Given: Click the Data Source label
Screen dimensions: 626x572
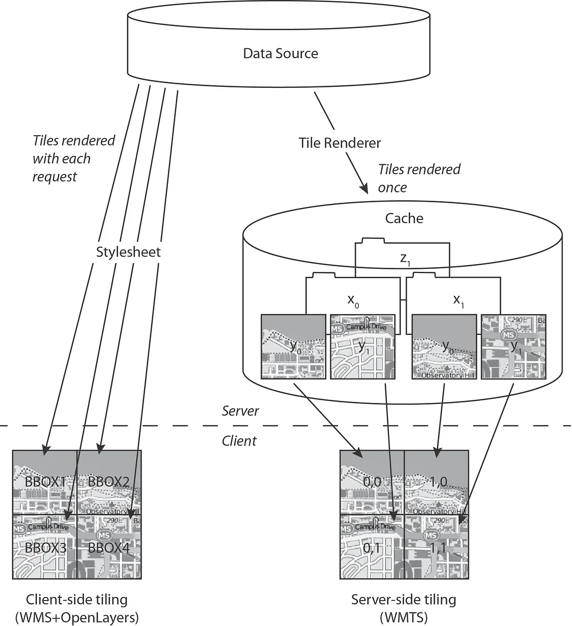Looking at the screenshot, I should coord(280,53).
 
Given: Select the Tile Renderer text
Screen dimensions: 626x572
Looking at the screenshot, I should coord(340,143).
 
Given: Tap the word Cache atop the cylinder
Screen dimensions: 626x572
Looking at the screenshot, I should coord(404,218).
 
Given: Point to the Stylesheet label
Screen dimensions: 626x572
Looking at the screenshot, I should coord(128,252).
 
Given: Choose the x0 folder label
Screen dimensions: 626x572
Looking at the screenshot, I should coord(353,301).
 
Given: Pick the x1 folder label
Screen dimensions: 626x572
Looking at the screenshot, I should coord(459,301).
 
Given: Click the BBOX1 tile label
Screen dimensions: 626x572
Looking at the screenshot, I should coord(45,482).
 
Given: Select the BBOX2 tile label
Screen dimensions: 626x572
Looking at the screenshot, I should coord(108,482).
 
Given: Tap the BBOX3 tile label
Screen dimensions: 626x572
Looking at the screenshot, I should coord(45,547).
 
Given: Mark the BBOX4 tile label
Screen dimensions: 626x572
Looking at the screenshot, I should coord(108,547).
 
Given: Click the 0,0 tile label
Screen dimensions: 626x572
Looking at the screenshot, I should coord(372,482).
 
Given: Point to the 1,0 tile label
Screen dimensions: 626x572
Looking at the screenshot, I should coord(438,482).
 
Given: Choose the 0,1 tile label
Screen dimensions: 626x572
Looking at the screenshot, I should coord(372,547).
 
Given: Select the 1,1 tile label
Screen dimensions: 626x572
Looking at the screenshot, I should coord(438,547).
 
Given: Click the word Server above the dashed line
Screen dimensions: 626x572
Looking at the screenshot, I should coord(240,411).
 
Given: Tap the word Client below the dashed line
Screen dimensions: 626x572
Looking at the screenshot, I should coord(239,441).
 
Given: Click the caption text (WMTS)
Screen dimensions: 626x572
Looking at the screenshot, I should coord(404,617).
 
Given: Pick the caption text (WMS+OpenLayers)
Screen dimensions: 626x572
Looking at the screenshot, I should coord(77,617).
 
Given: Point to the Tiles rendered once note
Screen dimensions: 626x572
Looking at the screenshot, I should coord(419,178).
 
